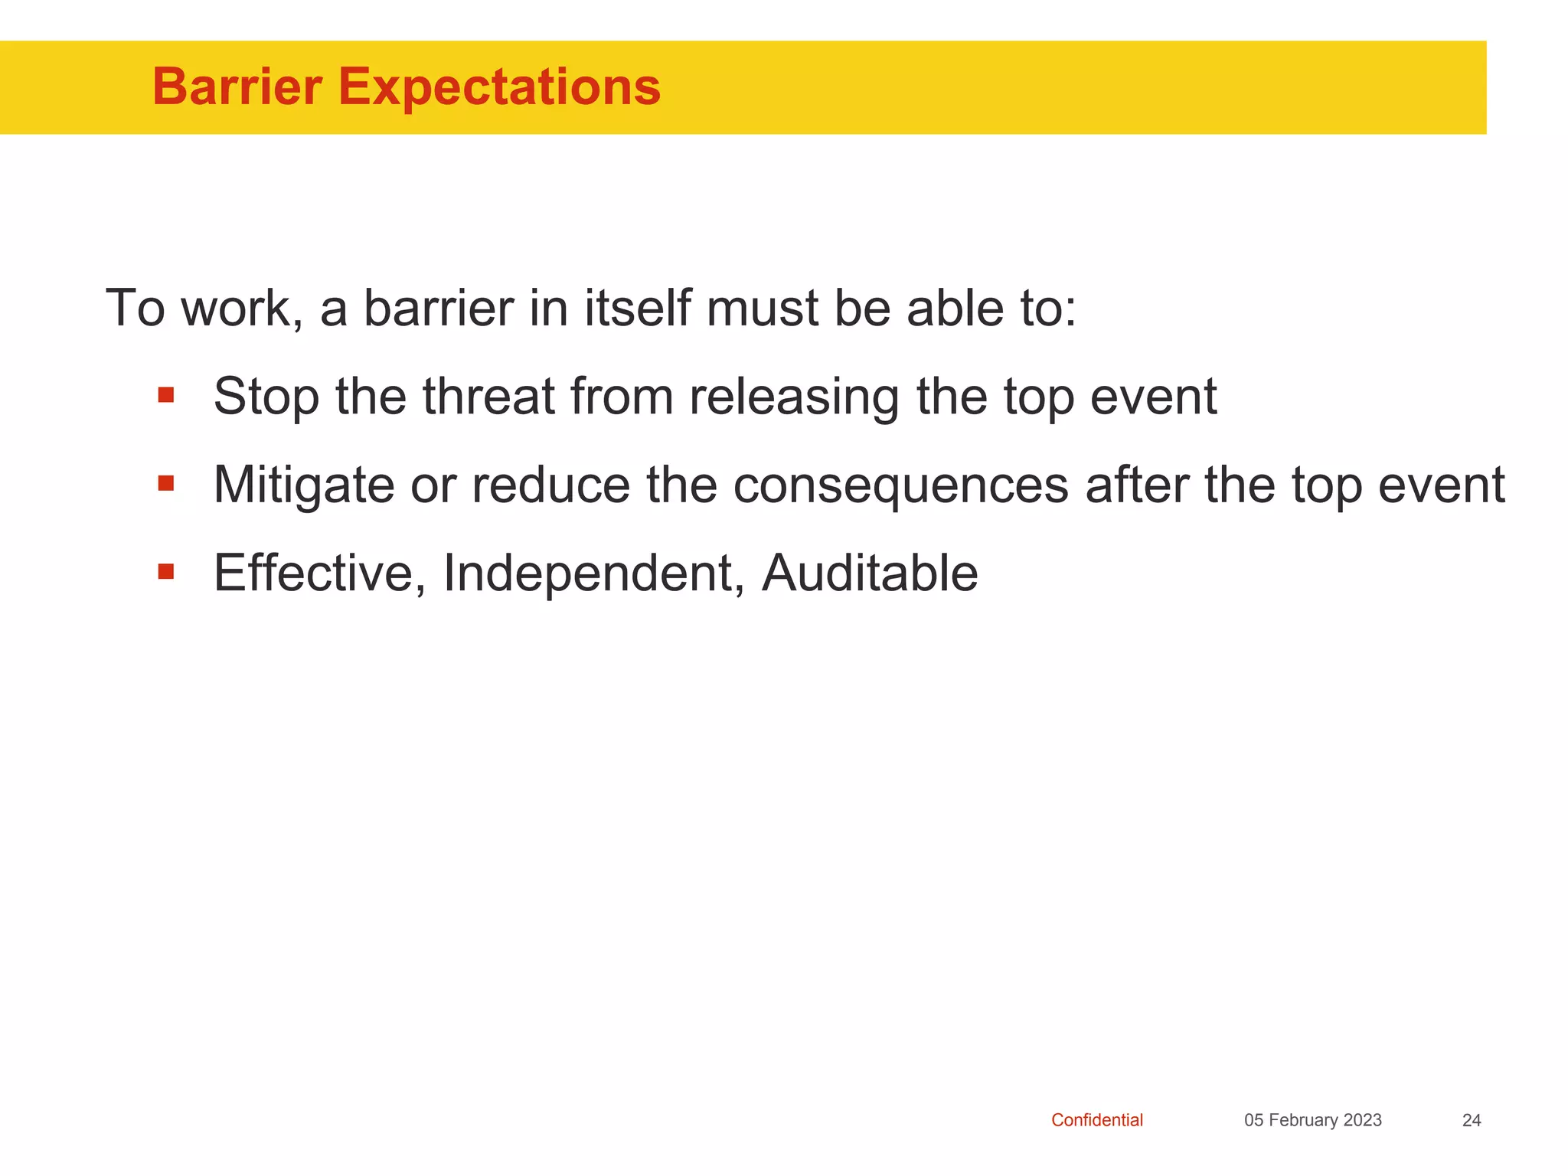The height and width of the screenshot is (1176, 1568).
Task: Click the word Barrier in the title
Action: click(x=237, y=87)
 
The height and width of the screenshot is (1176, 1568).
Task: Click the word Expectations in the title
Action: click(x=499, y=87)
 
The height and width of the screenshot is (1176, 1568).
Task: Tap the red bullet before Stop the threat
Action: click(x=166, y=396)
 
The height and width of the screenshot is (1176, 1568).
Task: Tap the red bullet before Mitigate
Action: click(x=166, y=484)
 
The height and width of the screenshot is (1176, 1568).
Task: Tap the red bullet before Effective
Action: click(x=166, y=572)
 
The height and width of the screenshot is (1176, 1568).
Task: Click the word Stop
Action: click(x=266, y=397)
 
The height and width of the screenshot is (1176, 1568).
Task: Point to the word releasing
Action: click(x=794, y=397)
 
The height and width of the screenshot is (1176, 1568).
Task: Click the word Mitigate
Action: click(x=303, y=486)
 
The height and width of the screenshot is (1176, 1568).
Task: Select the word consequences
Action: click(x=900, y=486)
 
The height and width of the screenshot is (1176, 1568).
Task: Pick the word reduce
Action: click(x=550, y=486)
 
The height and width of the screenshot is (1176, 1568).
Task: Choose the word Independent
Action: click(x=593, y=573)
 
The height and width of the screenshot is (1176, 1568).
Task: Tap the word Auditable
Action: click(x=870, y=573)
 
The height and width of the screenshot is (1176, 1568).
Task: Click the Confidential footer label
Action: click(x=1096, y=1120)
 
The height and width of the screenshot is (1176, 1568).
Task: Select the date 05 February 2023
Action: click(x=1312, y=1120)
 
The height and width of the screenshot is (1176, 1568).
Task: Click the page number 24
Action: click(x=1471, y=1120)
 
